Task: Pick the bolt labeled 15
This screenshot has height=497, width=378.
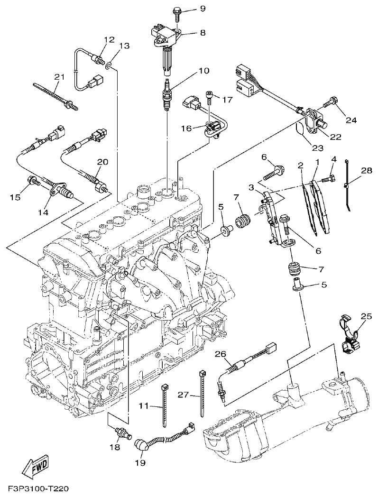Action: click(34, 181)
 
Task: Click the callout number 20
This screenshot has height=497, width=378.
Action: click(103, 162)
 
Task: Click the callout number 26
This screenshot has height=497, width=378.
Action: click(220, 354)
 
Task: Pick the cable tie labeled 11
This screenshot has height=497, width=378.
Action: click(166, 403)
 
